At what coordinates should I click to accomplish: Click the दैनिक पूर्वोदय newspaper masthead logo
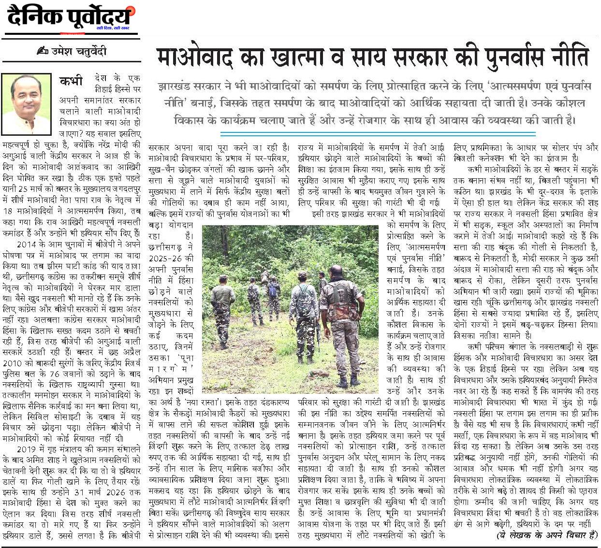coord(70,18)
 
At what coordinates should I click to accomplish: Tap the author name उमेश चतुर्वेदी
coord(79,51)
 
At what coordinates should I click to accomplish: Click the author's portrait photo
coord(27,104)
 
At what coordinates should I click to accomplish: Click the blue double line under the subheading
coord(377,133)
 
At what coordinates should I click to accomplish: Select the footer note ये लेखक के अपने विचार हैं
coord(547,535)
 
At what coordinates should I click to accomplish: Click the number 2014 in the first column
coord(27,245)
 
